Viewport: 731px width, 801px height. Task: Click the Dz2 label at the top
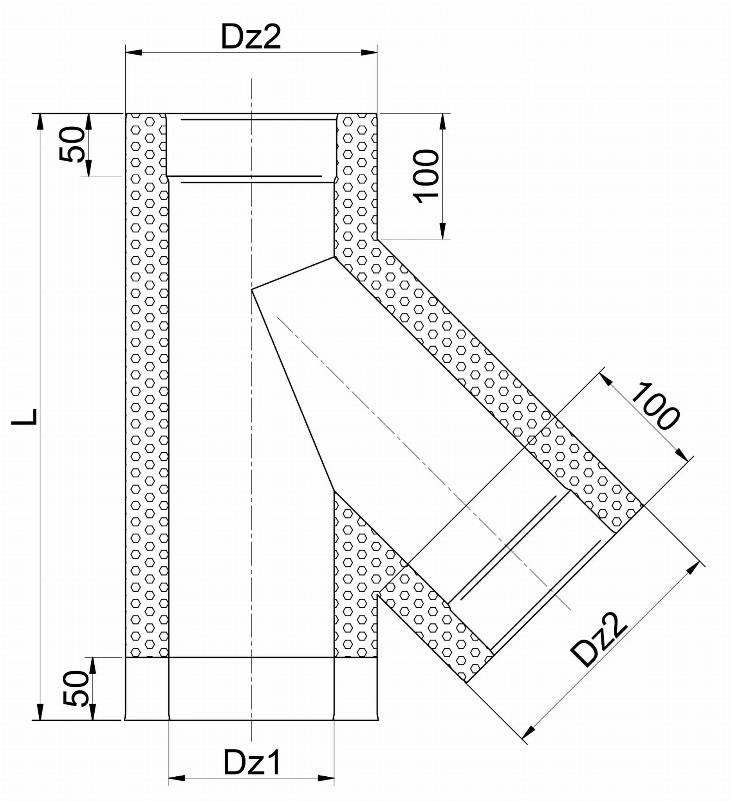click(x=251, y=36)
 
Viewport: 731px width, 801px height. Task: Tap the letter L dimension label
click(x=24, y=417)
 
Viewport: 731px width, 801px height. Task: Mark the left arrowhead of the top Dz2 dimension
click(x=134, y=52)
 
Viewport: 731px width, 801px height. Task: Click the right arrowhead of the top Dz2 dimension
click(x=369, y=52)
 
